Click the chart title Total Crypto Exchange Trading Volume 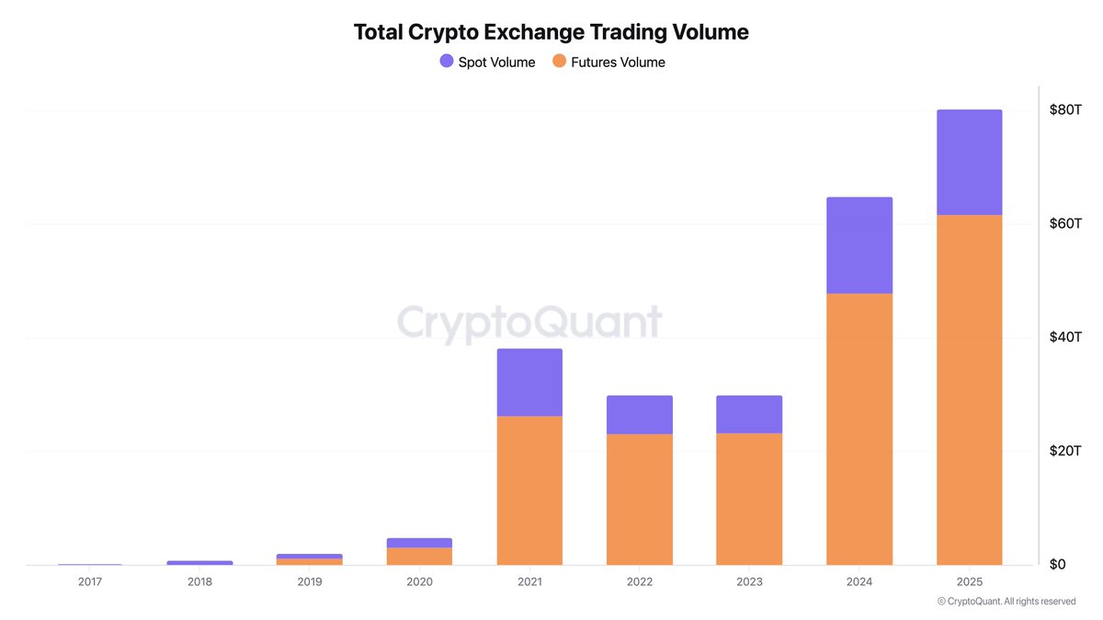[551, 32]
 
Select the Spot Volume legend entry [487, 62]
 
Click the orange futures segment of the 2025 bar [969, 389]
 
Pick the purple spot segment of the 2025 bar [969, 163]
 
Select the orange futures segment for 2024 [859, 429]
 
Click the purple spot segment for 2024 [859, 245]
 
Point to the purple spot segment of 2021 [529, 382]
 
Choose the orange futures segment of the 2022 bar [639, 499]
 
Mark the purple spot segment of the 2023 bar [749, 414]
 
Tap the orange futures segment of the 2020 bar [419, 556]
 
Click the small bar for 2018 [199, 562]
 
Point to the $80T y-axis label [1065, 109]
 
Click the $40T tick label [1065, 337]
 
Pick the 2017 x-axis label [90, 582]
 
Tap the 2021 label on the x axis [529, 582]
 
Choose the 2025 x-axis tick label [969, 582]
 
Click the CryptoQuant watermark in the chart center [529, 323]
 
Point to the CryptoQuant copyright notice [1006, 602]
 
